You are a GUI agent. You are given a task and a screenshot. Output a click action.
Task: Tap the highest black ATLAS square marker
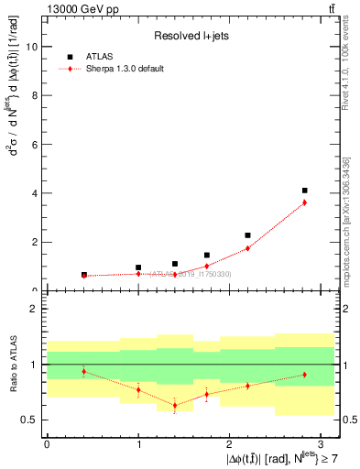(304, 191)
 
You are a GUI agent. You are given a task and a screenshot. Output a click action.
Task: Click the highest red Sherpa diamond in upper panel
(304, 202)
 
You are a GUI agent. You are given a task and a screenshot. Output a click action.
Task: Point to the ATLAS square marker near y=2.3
(247, 235)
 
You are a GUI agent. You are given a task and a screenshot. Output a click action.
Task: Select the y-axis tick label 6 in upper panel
(34, 145)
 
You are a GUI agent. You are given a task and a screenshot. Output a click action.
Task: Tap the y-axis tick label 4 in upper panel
(34, 193)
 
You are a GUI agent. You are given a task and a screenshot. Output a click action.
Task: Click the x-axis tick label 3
(322, 443)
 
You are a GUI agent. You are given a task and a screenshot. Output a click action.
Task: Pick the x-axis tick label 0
(47, 443)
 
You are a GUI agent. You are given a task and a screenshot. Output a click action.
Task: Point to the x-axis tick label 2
(230, 443)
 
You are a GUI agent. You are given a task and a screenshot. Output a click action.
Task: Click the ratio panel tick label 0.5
(29, 420)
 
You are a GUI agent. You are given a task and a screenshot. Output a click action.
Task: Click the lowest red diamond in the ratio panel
(174, 405)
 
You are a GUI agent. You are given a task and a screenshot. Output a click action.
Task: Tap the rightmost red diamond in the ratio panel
(304, 375)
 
